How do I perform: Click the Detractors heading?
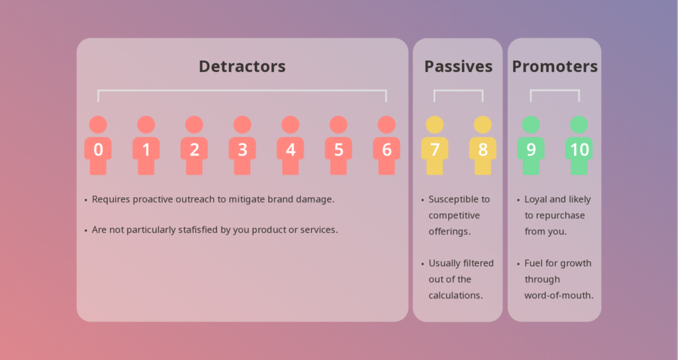click(x=242, y=66)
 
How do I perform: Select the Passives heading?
click(x=458, y=66)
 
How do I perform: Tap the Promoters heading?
click(x=555, y=66)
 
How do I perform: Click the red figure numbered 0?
click(x=98, y=145)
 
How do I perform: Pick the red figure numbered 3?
click(x=242, y=145)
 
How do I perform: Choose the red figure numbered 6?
click(x=387, y=145)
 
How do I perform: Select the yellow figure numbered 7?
click(x=434, y=145)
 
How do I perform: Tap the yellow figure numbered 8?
click(x=483, y=145)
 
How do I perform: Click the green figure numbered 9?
click(x=531, y=145)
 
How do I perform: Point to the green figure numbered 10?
click(x=579, y=145)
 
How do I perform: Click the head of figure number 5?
click(x=338, y=125)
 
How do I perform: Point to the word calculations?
click(x=456, y=296)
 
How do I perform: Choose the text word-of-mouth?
click(x=559, y=296)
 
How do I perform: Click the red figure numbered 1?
click(x=146, y=145)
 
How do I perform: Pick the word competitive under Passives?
click(x=454, y=216)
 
